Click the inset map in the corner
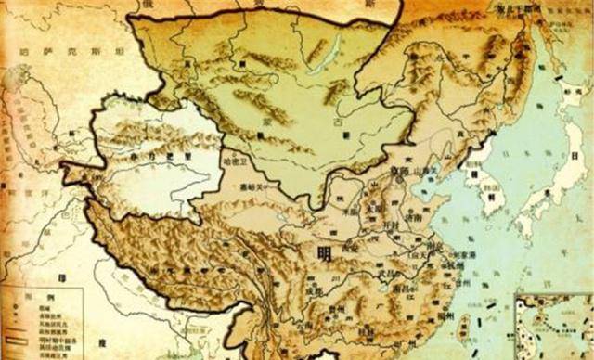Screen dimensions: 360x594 [553, 326]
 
